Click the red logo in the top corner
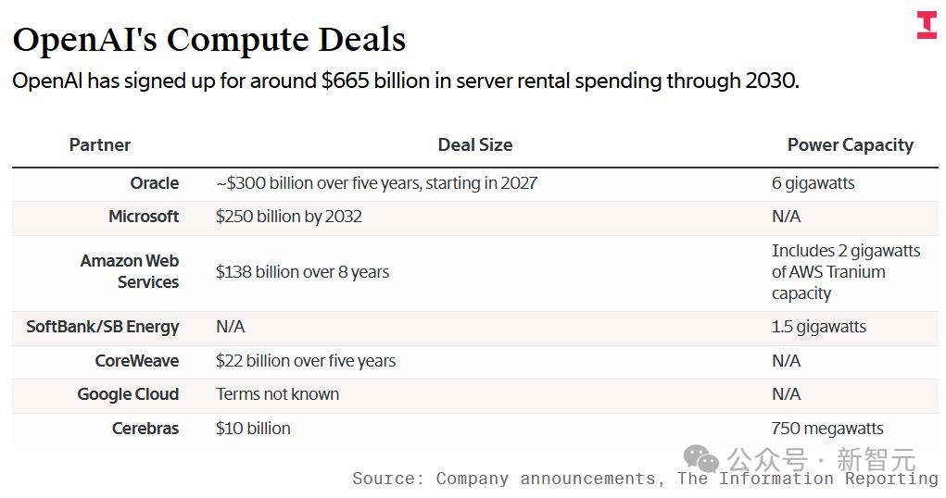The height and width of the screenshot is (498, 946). [927, 26]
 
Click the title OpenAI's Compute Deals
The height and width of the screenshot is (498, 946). [209, 39]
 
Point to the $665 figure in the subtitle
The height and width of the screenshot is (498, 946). [344, 81]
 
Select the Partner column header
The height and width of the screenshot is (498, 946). [100, 144]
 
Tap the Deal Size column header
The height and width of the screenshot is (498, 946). [474, 144]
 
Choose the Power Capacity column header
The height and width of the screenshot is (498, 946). [850, 144]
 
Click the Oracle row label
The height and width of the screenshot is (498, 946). [154, 183]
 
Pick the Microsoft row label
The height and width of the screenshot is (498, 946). [144, 217]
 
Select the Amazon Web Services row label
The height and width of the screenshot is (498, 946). [130, 271]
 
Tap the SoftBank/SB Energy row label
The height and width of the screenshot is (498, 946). [103, 327]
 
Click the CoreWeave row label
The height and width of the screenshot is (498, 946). [137, 361]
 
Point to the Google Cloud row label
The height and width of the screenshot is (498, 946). [128, 394]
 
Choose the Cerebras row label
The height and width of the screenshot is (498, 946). [145, 429]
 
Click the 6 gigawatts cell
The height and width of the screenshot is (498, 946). [813, 183]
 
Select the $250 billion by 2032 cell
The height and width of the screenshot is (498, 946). [288, 217]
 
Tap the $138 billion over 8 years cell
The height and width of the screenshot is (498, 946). [302, 272]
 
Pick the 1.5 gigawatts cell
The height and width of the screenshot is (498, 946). [818, 327]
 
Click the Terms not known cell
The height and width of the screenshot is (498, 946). [277, 394]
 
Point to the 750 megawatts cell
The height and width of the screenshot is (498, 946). [826, 429]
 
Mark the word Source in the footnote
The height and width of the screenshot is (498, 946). [383, 479]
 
